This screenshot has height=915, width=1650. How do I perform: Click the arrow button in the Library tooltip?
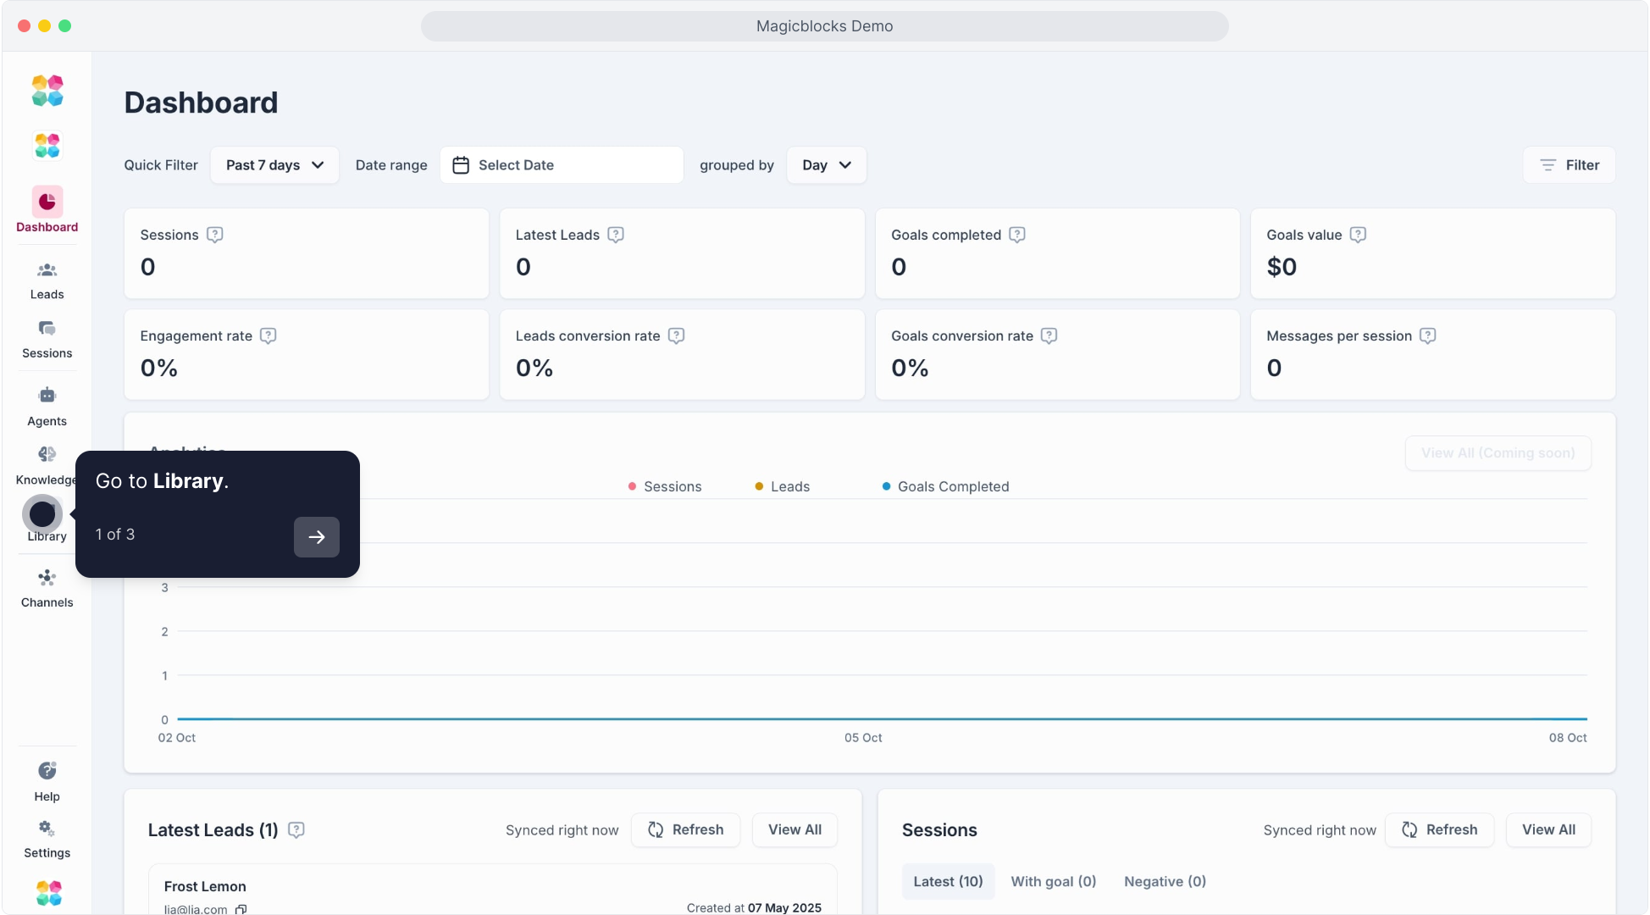pos(316,537)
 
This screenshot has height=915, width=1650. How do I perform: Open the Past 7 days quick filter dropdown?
pos(274,165)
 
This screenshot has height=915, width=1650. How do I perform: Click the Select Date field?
pos(561,165)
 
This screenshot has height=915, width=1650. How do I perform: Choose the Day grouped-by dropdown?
pos(826,165)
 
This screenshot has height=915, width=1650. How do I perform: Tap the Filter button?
pos(1569,165)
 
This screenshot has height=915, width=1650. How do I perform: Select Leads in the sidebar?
pos(47,280)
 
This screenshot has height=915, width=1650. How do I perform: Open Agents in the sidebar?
pos(47,407)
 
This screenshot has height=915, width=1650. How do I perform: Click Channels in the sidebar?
pos(47,589)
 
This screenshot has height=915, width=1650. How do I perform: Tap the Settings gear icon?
pos(47,829)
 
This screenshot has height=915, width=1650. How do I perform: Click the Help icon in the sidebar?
pos(47,771)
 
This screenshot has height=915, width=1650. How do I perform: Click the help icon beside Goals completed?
pos(1017,235)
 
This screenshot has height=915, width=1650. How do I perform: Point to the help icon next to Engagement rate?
pos(269,335)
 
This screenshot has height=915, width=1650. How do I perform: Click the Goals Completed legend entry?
pos(945,486)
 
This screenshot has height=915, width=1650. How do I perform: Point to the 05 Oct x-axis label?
pos(863,738)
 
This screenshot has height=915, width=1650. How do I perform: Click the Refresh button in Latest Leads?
pos(685,830)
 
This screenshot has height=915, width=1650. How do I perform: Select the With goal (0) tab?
pos(1053,882)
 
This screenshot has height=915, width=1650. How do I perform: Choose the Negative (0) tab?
pos(1165,882)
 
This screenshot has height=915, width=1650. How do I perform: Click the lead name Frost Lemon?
pos(205,886)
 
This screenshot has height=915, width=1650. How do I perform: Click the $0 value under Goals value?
pos(1282,267)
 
